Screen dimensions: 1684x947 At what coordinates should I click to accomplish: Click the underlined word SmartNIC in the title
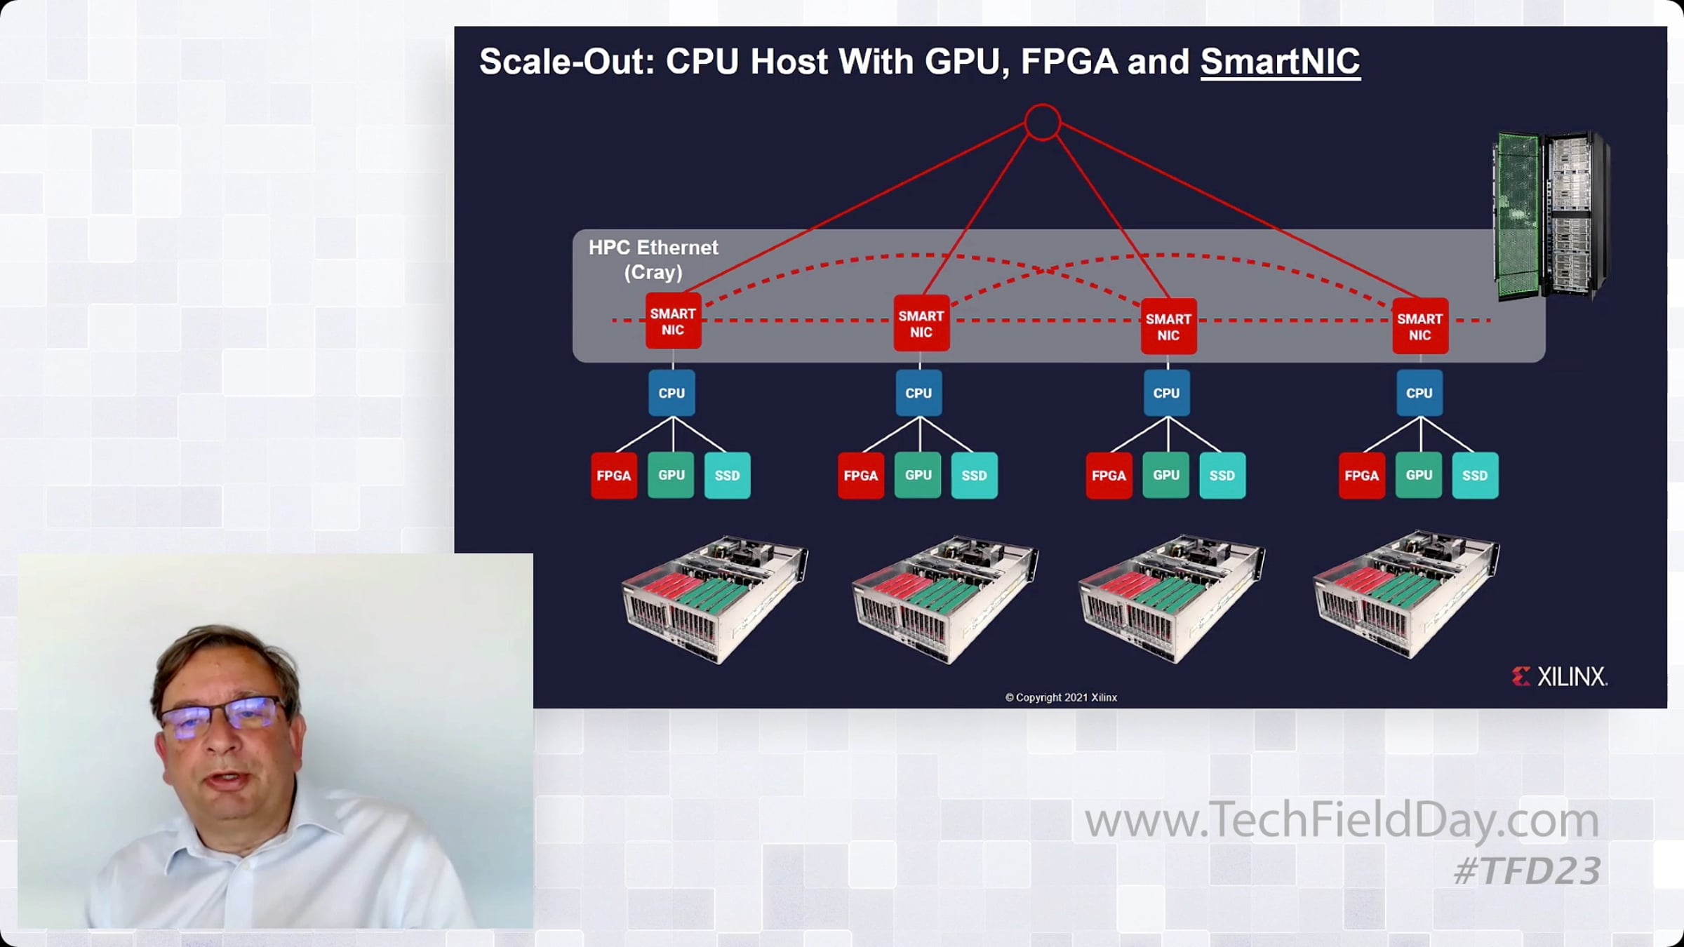(1280, 62)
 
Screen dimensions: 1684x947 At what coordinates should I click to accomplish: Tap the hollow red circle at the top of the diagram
(1042, 107)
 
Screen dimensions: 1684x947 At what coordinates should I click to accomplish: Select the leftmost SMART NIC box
(673, 321)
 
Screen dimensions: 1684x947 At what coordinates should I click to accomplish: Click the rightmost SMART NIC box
(1420, 326)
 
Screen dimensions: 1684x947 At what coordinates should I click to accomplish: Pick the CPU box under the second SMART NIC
(919, 393)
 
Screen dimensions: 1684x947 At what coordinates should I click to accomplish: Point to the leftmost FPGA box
(614, 476)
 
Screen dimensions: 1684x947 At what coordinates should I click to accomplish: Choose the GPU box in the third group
(1166, 475)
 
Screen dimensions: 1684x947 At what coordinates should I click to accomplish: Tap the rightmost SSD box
(1475, 476)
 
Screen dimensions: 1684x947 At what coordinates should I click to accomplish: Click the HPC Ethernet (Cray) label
(653, 260)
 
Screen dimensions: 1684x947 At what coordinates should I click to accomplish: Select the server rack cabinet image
(1551, 216)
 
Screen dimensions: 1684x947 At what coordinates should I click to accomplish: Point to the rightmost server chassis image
(1407, 595)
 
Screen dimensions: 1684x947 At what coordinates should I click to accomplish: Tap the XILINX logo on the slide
(1559, 677)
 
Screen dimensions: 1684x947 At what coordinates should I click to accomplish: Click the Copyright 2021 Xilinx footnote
(1061, 697)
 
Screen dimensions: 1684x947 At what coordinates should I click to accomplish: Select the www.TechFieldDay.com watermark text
(1342, 819)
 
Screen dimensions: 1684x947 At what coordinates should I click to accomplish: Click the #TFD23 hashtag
(1527, 871)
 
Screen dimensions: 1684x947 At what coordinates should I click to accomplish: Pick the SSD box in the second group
(974, 476)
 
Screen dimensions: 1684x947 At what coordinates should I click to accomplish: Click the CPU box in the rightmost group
(1419, 393)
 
